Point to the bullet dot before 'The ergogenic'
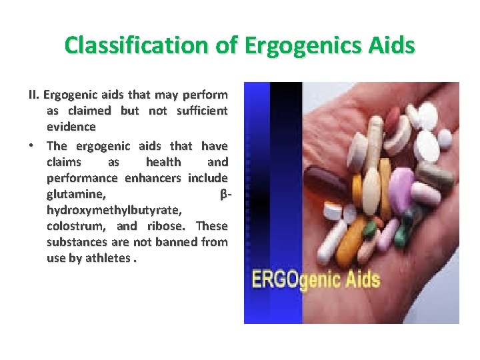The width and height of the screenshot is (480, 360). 33,146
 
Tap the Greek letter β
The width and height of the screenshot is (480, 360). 223,194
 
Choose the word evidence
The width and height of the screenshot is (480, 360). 71,126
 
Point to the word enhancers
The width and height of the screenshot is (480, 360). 155,178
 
